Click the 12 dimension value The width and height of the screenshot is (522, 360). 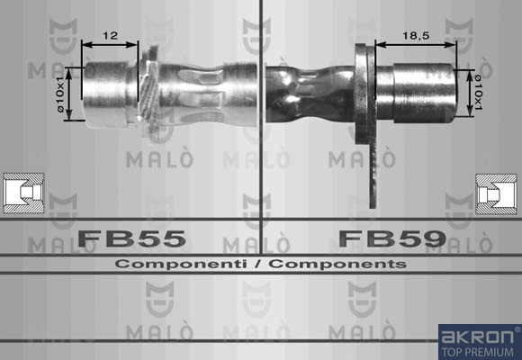click(110, 35)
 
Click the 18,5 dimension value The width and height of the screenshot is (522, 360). click(416, 35)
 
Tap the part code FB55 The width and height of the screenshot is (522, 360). click(131, 238)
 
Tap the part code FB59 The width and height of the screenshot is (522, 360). click(392, 238)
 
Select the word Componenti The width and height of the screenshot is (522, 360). click(181, 264)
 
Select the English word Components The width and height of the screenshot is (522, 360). click(337, 264)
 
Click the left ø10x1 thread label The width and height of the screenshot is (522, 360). click(60, 94)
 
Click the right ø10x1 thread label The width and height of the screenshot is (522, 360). click(478, 92)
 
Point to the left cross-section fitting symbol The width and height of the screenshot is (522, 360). click(23, 193)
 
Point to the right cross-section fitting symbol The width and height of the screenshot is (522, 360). click(496, 193)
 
